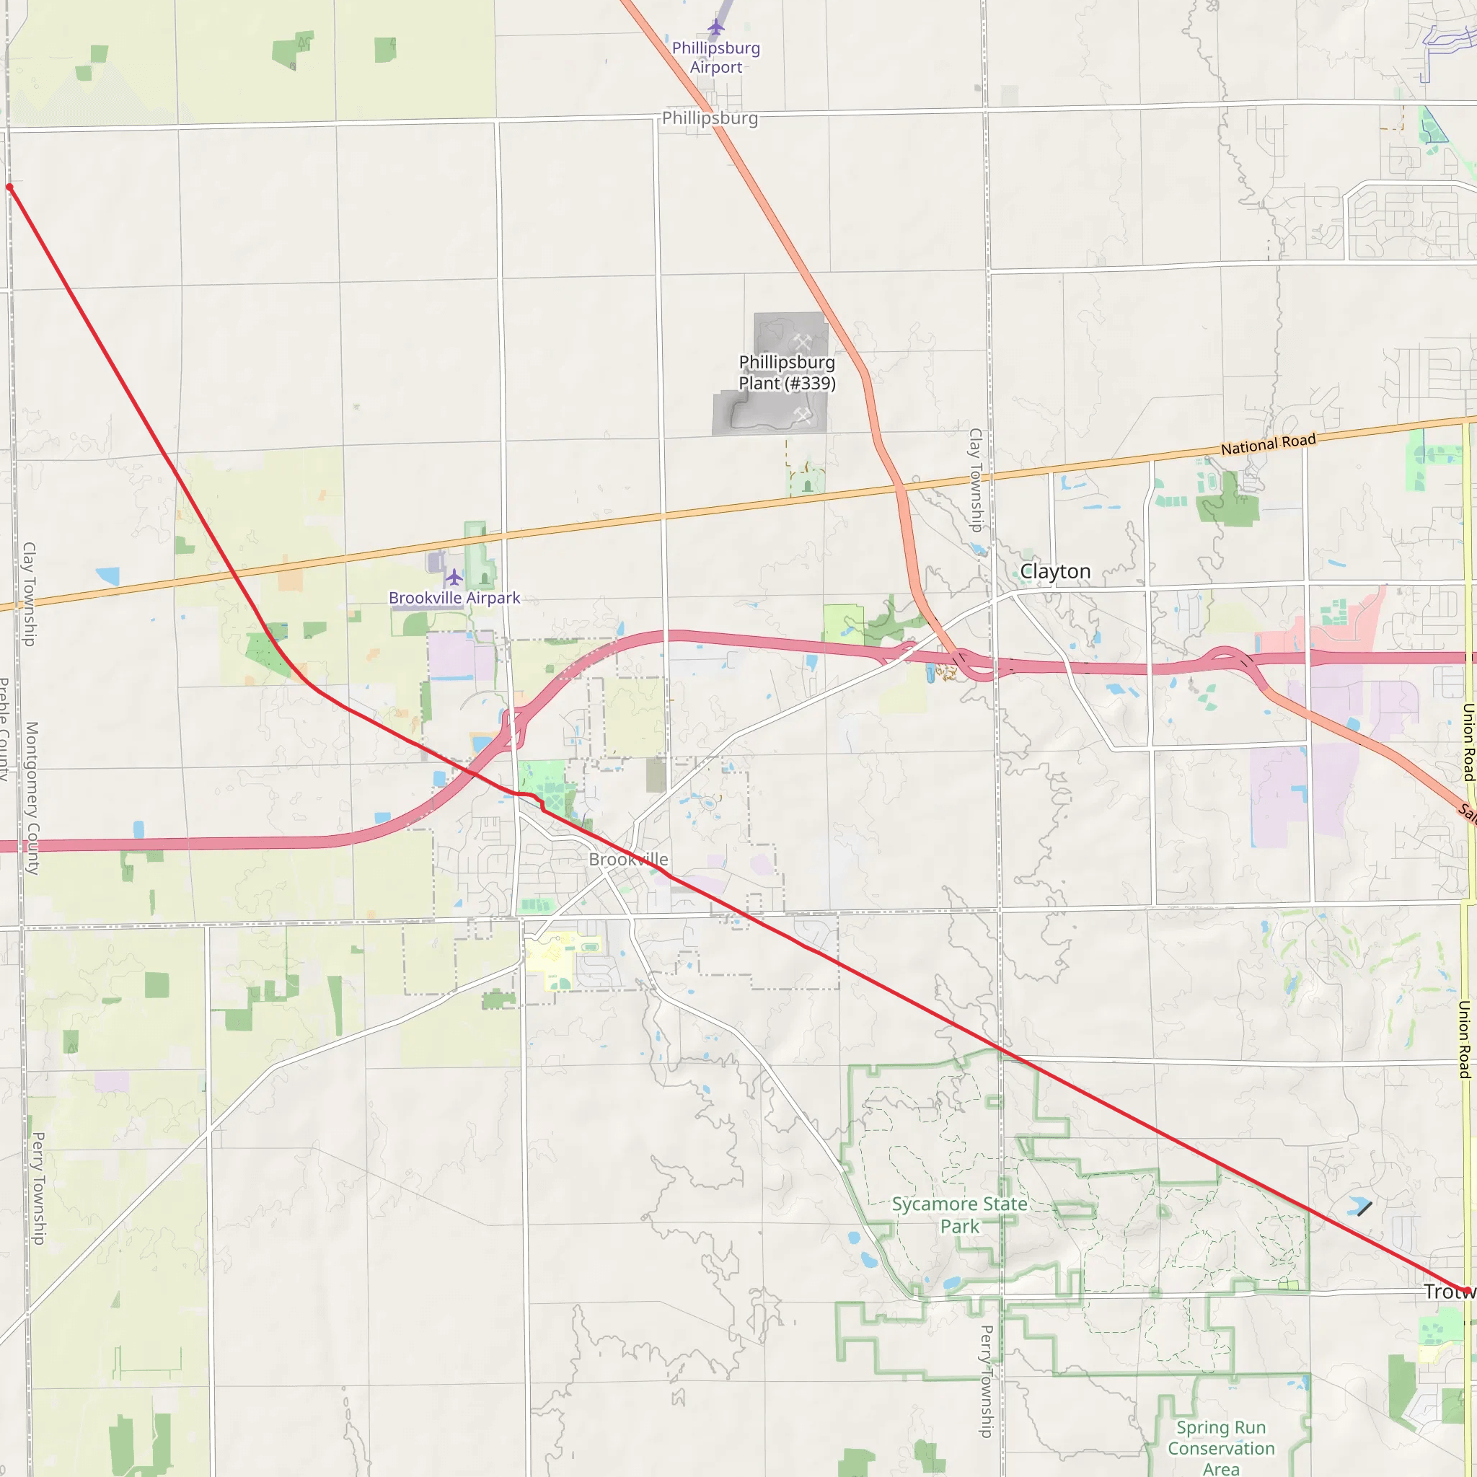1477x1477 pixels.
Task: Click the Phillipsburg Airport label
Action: pos(715,58)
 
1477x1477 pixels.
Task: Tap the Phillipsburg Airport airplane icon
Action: pos(715,27)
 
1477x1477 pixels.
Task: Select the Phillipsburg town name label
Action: pos(710,118)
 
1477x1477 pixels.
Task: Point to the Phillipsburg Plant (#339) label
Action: pos(787,372)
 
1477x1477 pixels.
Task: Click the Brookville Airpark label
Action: pos(454,598)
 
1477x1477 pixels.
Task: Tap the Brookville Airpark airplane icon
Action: pos(454,576)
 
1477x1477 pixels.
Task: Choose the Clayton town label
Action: pos(1055,571)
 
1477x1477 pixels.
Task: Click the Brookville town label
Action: pos(628,859)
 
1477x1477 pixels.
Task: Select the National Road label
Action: pos(1269,444)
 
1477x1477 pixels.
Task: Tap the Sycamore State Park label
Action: pos(959,1214)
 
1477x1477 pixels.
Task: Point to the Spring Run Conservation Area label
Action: pos(1221,1448)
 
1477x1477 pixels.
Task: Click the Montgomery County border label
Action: pos(31,798)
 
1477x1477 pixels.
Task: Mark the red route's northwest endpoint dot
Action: pos(10,188)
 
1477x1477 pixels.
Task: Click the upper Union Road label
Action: pos(1468,741)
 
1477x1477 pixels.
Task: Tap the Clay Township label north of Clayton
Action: pos(976,480)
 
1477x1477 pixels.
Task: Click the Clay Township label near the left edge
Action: pos(29,594)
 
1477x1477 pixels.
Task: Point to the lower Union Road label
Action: pos(1465,1040)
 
